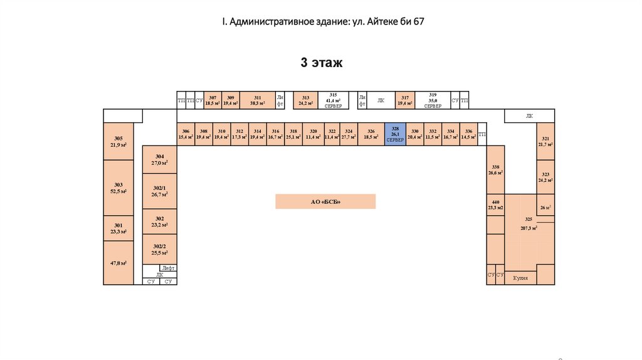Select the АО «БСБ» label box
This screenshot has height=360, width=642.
point(325,201)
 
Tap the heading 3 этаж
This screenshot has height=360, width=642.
point(322,63)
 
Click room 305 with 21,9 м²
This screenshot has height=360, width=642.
point(118,142)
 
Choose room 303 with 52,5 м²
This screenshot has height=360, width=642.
point(118,188)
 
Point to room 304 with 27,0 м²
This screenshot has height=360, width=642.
point(160,159)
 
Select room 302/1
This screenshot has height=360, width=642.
point(160,191)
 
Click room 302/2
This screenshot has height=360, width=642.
point(160,250)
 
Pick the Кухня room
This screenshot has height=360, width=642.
point(520,277)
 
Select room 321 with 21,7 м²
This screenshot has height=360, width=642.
point(545,141)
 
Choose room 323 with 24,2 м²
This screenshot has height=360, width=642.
point(545,177)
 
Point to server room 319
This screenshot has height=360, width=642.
point(433,100)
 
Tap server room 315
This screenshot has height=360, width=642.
point(334,100)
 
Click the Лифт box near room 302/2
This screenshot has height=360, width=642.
point(168,268)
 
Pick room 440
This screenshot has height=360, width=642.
point(495,205)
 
